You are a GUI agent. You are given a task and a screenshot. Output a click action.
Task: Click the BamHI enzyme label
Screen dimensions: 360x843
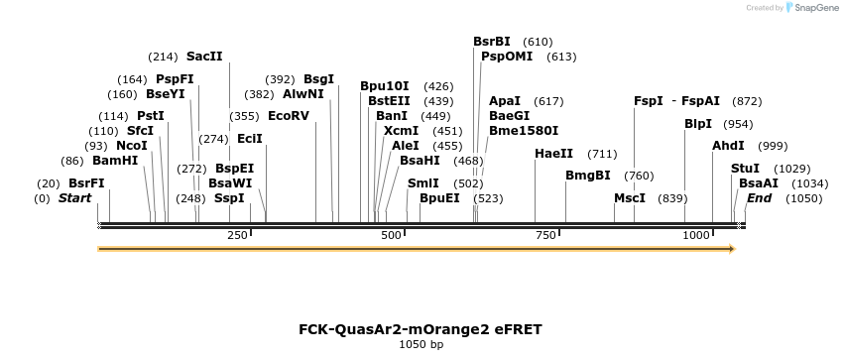115,161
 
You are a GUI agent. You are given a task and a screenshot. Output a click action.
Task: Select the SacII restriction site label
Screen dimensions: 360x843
204,57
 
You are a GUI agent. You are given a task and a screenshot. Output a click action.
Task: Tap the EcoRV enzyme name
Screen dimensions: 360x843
289,116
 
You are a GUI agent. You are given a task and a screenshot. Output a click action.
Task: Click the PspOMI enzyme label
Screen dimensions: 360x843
507,57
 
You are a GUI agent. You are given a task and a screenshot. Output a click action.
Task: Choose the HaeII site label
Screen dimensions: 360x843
553,154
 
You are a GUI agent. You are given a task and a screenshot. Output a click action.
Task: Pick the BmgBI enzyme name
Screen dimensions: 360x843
588,176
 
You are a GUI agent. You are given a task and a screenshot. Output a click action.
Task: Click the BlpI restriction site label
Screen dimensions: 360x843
698,124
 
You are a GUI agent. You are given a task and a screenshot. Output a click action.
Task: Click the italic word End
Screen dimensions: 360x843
759,198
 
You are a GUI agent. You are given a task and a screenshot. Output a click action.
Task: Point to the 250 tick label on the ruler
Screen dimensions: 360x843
238,235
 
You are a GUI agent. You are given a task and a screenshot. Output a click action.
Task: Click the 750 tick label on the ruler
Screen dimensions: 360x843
545,235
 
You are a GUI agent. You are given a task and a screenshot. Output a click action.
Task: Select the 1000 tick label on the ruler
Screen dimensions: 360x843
697,235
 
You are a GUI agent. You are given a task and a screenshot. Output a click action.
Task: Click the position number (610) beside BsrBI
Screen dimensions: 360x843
538,42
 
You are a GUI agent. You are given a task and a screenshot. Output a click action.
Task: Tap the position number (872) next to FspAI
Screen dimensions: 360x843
747,101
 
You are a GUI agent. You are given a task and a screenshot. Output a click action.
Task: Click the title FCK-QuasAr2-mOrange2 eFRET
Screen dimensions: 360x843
421,329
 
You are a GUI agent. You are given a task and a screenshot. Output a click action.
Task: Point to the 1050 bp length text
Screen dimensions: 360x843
421,345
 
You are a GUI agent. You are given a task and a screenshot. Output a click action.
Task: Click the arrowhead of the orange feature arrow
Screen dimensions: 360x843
732,249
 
